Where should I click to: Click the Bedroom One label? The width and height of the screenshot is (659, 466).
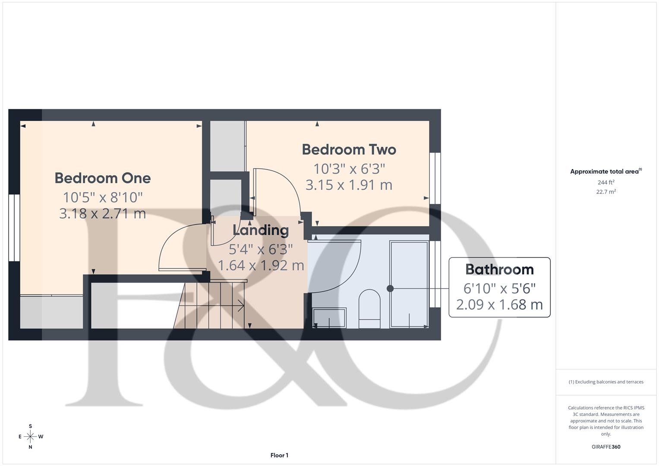pos(103,178)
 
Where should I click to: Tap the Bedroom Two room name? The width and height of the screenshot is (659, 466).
pos(349,149)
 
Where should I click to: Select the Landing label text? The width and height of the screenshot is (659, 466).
pos(261,230)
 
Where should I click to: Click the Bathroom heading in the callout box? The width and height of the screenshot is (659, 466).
pos(499,269)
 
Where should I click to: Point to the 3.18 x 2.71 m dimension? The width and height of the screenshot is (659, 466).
pos(103,213)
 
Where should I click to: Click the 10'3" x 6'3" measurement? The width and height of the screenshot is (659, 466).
pos(349,168)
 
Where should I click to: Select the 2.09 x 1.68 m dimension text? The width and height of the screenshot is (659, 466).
pos(499,305)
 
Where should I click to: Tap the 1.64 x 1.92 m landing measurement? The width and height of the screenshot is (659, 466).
pos(261,265)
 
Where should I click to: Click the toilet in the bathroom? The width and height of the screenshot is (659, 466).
pos(369,308)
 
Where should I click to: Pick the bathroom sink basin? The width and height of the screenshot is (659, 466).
pos(329,318)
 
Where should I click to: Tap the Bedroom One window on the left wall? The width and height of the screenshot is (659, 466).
pos(14,227)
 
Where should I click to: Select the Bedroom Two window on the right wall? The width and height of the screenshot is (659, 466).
pos(435,178)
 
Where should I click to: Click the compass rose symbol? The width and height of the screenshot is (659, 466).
pos(30,436)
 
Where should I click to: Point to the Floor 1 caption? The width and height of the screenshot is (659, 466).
pos(279,455)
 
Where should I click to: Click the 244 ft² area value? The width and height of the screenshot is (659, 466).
pos(606,183)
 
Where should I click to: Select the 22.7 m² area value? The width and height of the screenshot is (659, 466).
pos(606,192)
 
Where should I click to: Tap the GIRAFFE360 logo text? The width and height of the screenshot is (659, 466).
pos(606,447)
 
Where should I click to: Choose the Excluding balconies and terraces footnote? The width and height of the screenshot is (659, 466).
pos(606,382)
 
